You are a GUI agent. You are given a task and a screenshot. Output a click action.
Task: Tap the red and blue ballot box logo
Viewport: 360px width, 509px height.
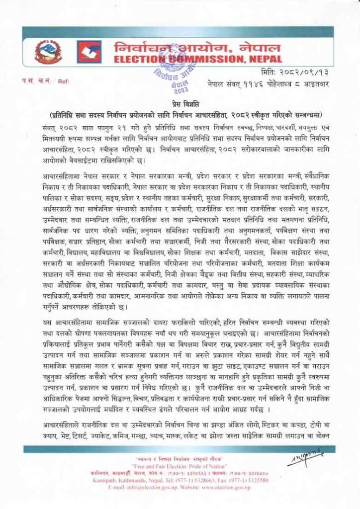(89, 52)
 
